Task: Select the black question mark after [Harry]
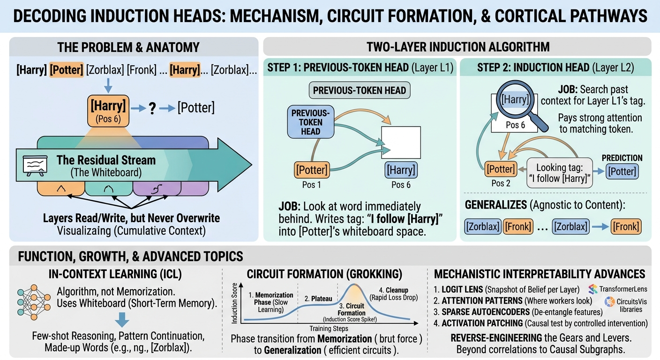pos(152,109)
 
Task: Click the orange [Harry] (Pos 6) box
pos(108,111)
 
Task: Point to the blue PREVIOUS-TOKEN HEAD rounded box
pos(311,122)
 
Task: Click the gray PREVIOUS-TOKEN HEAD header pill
pos(360,90)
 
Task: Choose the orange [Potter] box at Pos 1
pos(312,170)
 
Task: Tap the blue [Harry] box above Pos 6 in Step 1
pos(401,170)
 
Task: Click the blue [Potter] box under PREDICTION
pos(622,172)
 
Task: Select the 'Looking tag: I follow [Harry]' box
pos(560,173)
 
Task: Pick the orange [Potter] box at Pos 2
pos(501,169)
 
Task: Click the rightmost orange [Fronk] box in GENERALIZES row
pos(626,226)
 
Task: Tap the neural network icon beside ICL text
pos(34,302)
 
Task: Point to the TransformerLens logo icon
pos(593,289)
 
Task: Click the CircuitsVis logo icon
pos(609,302)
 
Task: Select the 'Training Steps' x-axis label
pos(329,329)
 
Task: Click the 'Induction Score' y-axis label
pos(234,303)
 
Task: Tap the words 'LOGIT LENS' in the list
pos(462,290)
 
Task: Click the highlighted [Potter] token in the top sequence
pos(67,70)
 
